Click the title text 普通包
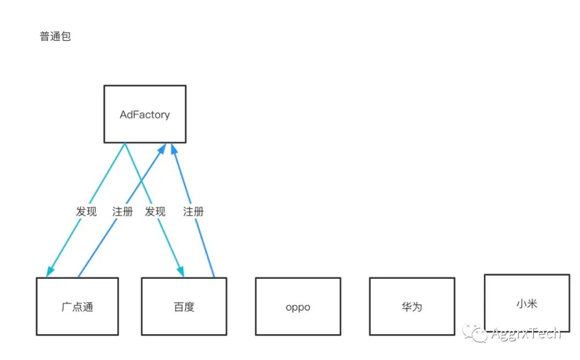pos(55,37)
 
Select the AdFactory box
pos(145,114)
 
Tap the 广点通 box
pos(77,307)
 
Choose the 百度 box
pos(184,307)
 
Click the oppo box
pos(298,307)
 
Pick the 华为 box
pos(412,307)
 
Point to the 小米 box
pos(526,304)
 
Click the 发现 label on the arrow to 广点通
pos(86,211)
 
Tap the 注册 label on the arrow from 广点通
pos(122,211)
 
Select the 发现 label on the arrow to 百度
pos(155,211)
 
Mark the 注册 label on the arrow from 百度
pos(193,211)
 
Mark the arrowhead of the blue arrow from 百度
pos(173,149)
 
